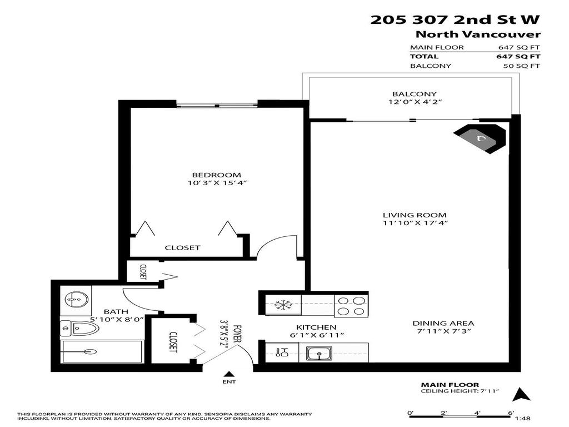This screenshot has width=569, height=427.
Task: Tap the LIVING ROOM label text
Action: click(415, 215)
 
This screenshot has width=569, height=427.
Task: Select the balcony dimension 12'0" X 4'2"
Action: click(415, 102)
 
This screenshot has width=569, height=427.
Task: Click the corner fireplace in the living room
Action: click(481, 138)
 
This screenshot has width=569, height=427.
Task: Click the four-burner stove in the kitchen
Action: click(351, 305)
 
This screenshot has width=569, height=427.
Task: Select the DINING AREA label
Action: click(443, 323)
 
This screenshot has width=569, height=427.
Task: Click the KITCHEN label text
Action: click(316, 327)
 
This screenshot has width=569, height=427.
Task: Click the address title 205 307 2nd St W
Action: click(455, 20)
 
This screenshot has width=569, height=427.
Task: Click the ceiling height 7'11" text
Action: click(460, 391)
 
